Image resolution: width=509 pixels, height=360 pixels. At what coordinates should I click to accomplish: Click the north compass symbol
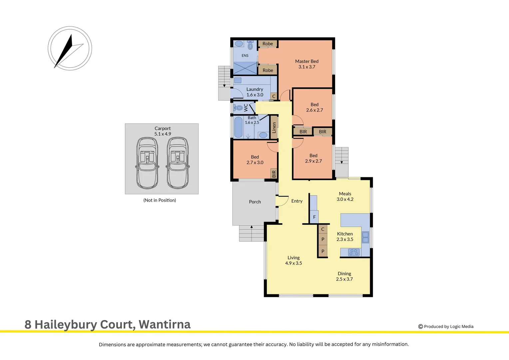pos(70,48)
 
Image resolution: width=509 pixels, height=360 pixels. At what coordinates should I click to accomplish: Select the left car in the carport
pos(147,163)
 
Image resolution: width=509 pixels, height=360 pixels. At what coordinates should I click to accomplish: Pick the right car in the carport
pos(178,163)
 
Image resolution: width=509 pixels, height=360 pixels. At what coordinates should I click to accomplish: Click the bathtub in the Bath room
pos(238,127)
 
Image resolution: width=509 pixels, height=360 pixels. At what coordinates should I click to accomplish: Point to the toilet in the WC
pos(239,108)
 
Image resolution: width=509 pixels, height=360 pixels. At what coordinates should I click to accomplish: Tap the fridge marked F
pos(314,217)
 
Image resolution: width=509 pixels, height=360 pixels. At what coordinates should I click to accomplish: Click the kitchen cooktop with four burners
pos(354,252)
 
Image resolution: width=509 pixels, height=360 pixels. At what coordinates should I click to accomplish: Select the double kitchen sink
pos(365,237)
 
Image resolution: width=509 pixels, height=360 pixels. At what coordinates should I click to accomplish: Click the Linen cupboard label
pos(274,128)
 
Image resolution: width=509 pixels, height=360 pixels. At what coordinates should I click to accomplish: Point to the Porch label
pos(255,202)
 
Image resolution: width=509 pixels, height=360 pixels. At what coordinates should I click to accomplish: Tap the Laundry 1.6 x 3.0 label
pos(255,92)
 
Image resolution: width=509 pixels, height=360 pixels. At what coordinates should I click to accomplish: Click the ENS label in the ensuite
pos(245,55)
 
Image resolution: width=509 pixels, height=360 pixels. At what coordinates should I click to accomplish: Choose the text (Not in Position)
pos(160,200)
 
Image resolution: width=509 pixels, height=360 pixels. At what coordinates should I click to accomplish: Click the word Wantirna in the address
pos(165,325)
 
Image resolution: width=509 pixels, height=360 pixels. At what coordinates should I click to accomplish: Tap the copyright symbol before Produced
pos(420,327)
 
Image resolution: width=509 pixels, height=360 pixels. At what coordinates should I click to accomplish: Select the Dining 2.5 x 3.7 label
pos(344,276)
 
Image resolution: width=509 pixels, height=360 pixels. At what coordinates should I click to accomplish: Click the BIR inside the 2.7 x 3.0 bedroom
pos(274,174)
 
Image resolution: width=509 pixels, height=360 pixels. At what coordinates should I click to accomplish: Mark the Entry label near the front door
pos(297,201)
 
